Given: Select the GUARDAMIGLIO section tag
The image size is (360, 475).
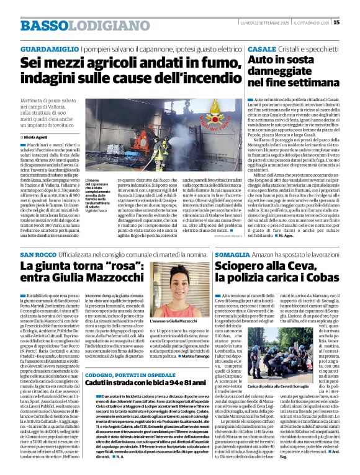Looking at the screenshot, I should [x=44, y=48].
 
